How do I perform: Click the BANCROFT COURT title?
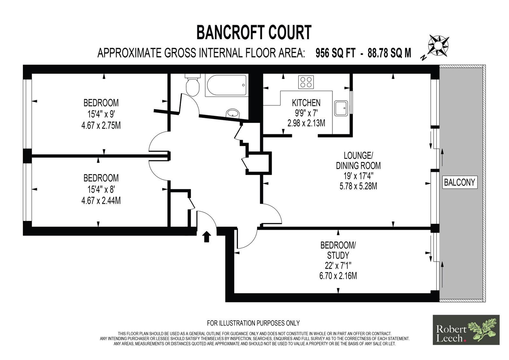pyautogui.click(x=254, y=32)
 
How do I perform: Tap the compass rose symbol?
pyautogui.click(x=438, y=46)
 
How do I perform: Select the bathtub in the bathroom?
pyautogui.click(x=227, y=85)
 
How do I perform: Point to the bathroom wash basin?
pyautogui.click(x=233, y=113)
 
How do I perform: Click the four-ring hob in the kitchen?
pyautogui.click(x=306, y=82)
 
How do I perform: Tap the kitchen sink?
pyautogui.click(x=341, y=108)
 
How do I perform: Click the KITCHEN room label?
pyautogui.click(x=306, y=103)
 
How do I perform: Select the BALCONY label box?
pyautogui.click(x=459, y=182)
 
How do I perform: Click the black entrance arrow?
pyautogui.click(x=206, y=236)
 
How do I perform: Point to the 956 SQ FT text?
pyautogui.click(x=335, y=53)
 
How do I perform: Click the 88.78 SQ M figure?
pyautogui.click(x=389, y=53)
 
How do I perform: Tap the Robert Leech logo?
pyautogui.click(x=466, y=330)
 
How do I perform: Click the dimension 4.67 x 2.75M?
pyautogui.click(x=101, y=125)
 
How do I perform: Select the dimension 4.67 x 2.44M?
pyautogui.click(x=101, y=200)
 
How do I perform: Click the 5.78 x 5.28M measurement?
pyautogui.click(x=358, y=186)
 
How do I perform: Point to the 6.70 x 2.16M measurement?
pyautogui.click(x=338, y=276)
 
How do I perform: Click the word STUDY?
pyautogui.click(x=338, y=255)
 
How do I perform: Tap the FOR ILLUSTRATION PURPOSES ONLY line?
pyautogui.click(x=253, y=323)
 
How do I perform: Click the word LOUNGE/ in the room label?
pyautogui.click(x=358, y=156)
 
